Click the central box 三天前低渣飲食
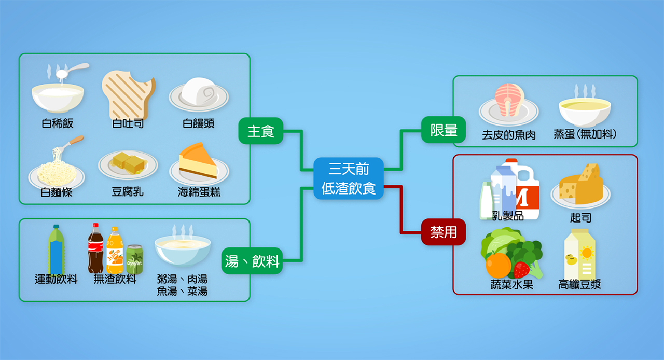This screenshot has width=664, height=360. click(349, 178)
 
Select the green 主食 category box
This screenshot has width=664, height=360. click(261, 131)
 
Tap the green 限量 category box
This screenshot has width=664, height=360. click(444, 130)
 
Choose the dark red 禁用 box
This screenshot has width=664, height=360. click(444, 231)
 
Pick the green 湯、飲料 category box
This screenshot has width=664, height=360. click(252, 260)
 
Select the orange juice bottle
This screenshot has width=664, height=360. click(115, 252)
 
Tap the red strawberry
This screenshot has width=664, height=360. click(521, 269)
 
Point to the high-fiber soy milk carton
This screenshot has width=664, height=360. click(579, 254)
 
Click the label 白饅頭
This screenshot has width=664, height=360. click(199, 124)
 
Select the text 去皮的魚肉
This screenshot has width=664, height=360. click(509, 135)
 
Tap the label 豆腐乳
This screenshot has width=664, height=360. click(128, 192)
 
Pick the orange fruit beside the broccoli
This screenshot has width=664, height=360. click(499, 265)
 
